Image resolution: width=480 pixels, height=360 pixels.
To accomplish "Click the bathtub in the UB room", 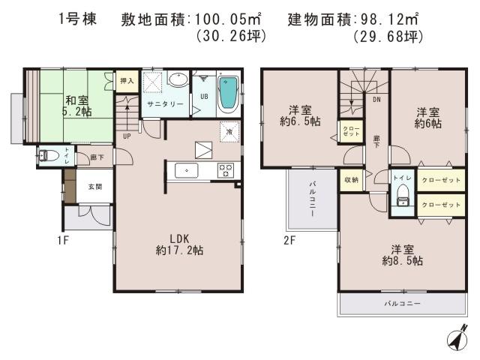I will coord(226,94).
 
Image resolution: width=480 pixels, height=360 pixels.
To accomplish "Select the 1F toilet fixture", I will coord(46,156).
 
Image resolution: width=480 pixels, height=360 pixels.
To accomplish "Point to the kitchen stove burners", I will coord(225,169).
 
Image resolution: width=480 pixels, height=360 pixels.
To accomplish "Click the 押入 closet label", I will coord(126,80).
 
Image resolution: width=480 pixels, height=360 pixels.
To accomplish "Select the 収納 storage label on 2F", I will coord(352,180).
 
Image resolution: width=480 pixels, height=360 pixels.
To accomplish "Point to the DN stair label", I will coord(376,98).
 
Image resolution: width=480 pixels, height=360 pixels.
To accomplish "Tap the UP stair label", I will coord(127,136).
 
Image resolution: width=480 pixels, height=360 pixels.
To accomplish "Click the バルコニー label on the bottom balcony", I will coord(403,304).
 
